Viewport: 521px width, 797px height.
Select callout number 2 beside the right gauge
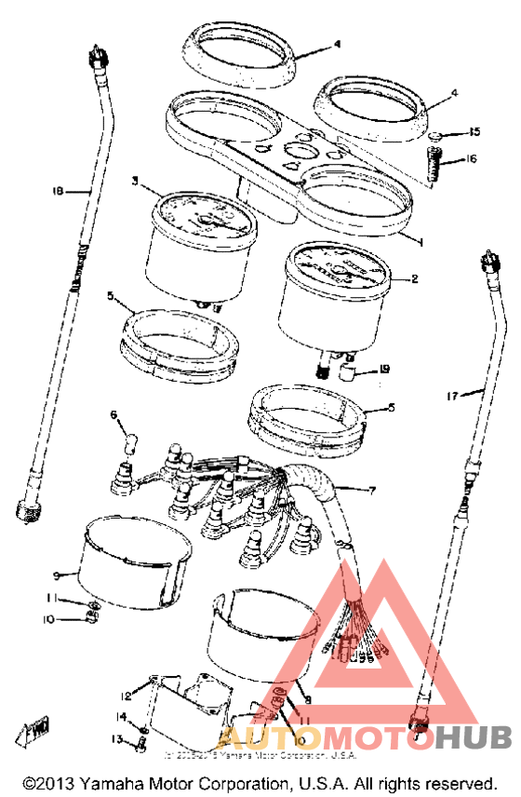pos(415,277)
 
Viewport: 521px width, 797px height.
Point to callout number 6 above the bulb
pos(114,414)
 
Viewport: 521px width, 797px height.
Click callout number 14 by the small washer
pos(121,717)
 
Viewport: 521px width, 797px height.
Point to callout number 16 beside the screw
pos(472,159)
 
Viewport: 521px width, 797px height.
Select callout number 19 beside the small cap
pos(384,370)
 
